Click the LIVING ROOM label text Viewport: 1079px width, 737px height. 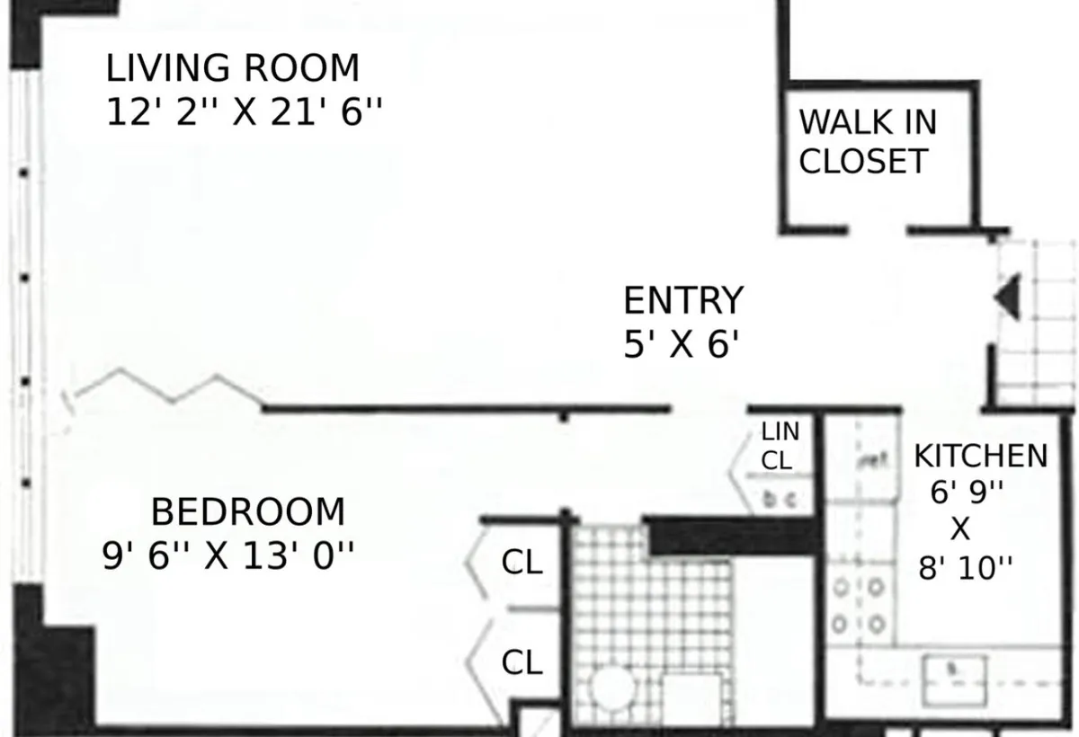tap(232, 68)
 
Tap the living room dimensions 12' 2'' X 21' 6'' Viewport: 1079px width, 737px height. tap(244, 113)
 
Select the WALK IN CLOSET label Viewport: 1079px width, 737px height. tap(867, 141)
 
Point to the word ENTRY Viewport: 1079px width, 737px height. tap(683, 300)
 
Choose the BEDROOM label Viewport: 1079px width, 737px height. tap(247, 512)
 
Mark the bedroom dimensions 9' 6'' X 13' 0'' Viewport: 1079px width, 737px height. tap(228, 557)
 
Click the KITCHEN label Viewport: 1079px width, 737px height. tap(980, 457)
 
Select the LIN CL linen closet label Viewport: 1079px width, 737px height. tap(779, 446)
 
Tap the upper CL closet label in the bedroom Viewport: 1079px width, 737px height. tap(522, 564)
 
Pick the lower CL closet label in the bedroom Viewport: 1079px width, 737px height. tap(522, 663)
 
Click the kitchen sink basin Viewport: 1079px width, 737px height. tap(957, 670)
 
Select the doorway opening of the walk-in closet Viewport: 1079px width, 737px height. tap(877, 231)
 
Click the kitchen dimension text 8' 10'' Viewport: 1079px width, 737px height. tap(965, 569)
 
